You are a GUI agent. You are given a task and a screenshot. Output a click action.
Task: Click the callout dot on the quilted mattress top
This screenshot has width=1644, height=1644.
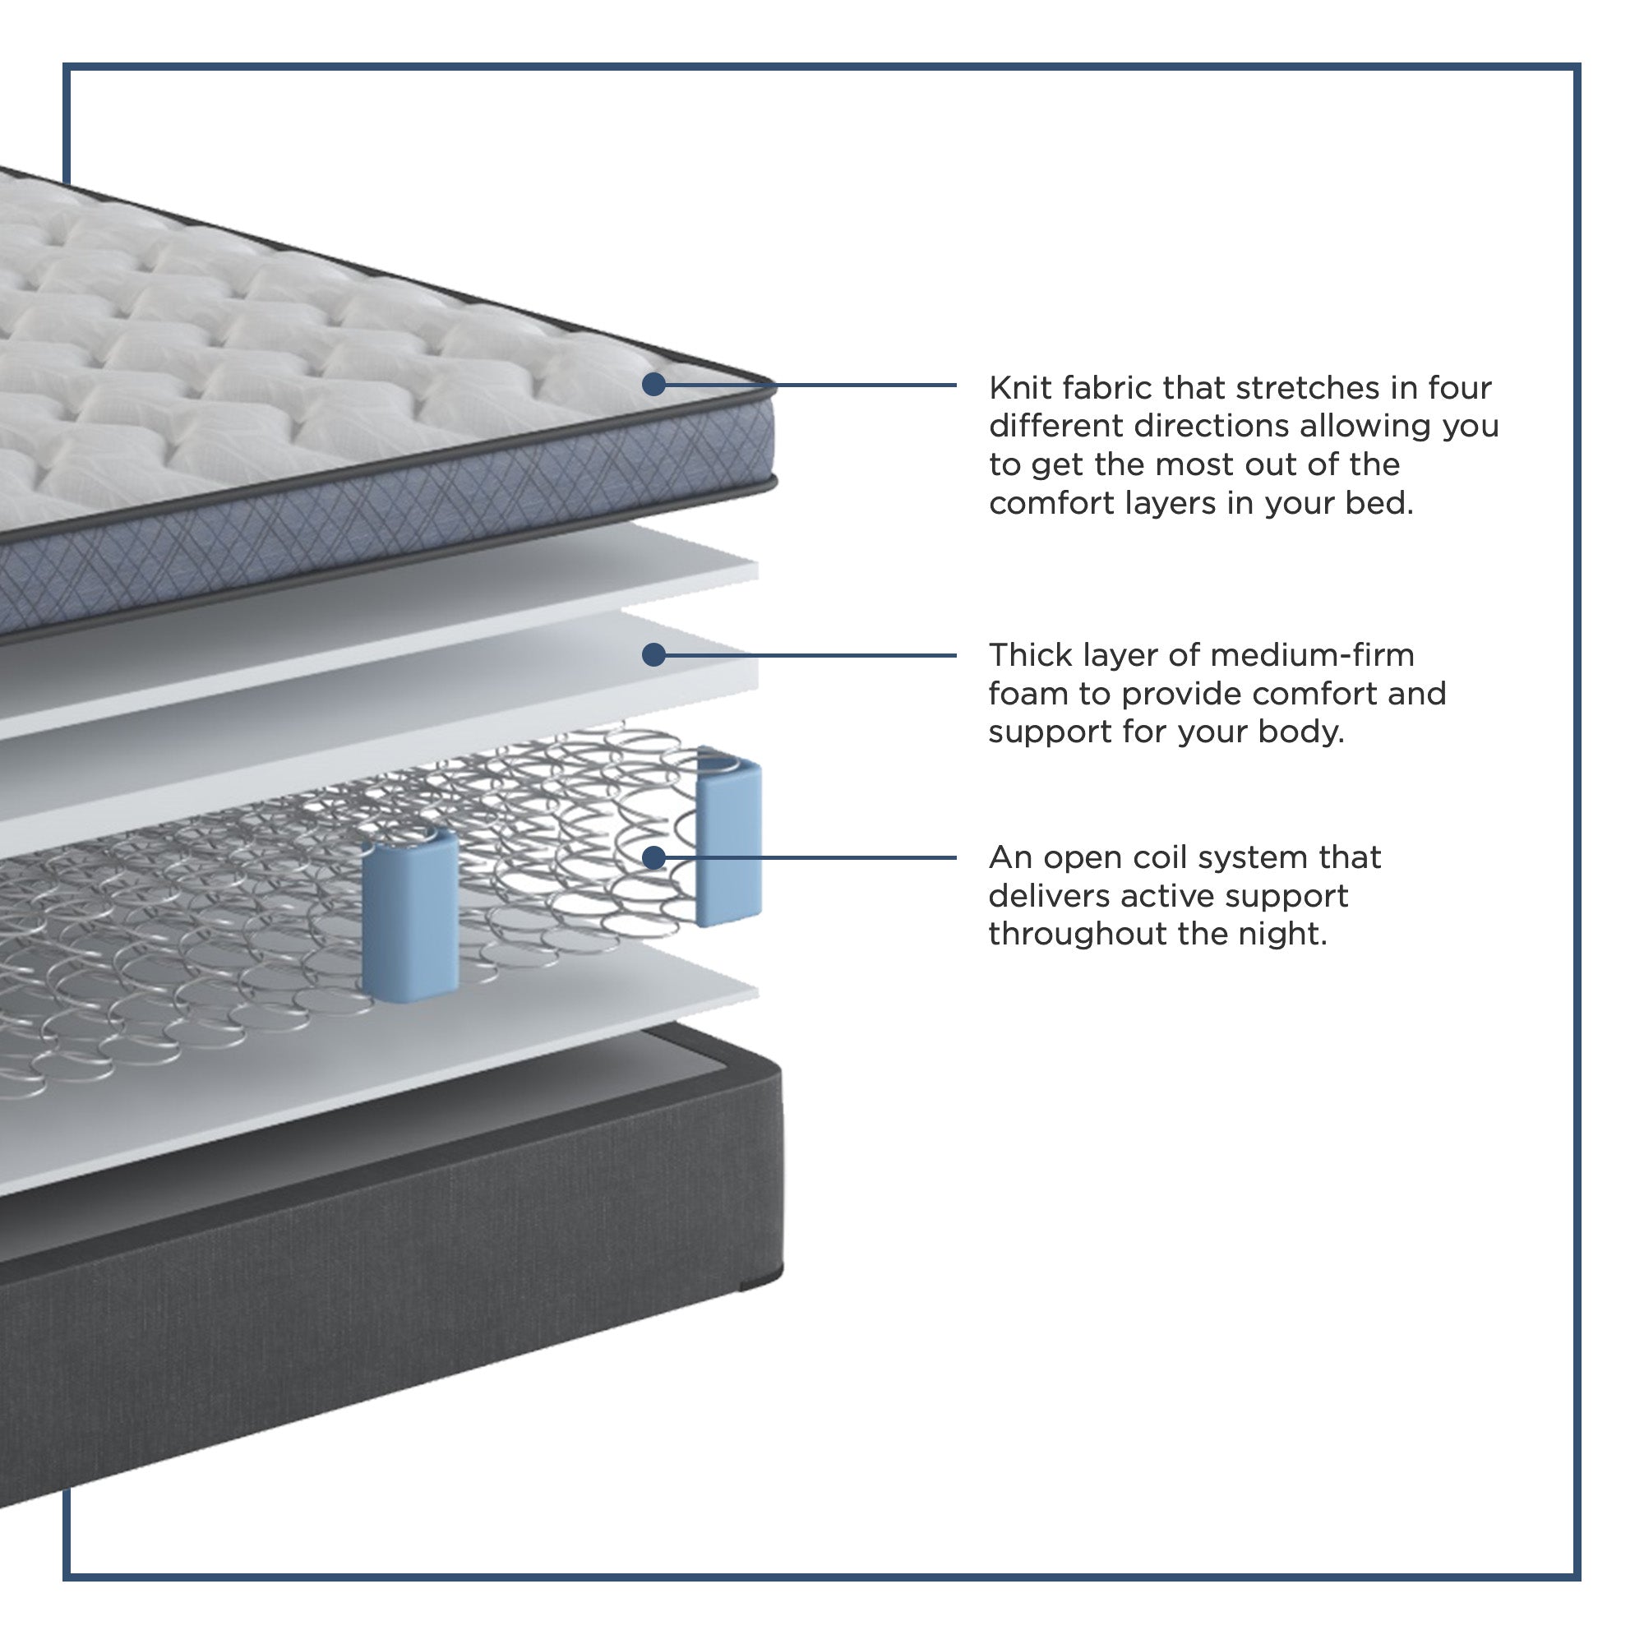(653, 385)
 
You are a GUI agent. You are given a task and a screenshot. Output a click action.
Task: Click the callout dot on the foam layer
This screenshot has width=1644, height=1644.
(653, 654)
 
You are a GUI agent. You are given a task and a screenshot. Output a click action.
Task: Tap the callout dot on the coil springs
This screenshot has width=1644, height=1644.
(653, 857)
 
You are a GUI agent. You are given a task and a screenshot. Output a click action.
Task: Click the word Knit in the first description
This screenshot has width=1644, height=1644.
(1018, 388)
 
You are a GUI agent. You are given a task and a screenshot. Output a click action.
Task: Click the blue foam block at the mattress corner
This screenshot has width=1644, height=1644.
(728, 837)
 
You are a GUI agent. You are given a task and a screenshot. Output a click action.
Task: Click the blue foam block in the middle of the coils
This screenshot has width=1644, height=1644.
(410, 913)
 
